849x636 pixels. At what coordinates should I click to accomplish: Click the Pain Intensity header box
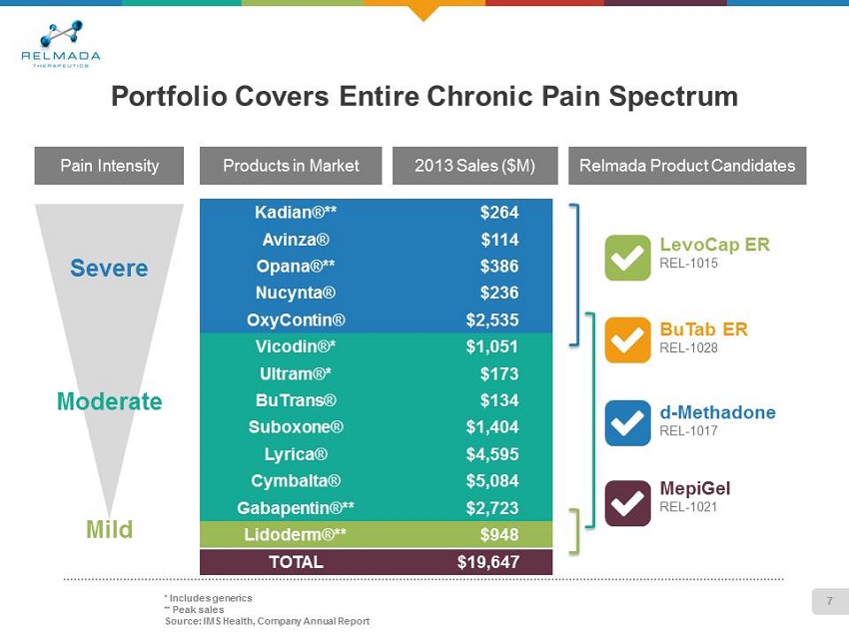110,166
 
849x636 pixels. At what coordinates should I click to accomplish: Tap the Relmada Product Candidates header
687,166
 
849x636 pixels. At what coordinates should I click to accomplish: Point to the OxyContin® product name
297,320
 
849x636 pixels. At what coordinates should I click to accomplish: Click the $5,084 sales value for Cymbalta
492,481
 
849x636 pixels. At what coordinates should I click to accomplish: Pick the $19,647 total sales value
487,561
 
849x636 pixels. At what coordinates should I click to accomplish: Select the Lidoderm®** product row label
296,534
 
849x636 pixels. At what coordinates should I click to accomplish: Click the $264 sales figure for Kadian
498,213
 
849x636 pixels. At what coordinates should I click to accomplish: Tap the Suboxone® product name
296,427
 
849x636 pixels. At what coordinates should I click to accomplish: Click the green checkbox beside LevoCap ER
627,258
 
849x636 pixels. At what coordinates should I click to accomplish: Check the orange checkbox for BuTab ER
627,340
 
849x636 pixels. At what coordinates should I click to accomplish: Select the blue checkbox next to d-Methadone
627,423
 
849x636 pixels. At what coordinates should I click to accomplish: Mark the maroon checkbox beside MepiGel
627,501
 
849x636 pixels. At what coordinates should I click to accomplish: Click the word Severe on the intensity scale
109,268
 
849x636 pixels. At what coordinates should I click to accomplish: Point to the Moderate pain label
109,401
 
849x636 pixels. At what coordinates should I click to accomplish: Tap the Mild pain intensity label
109,529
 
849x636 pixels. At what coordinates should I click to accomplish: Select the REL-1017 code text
689,430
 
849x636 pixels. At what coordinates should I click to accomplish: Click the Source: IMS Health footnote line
267,621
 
